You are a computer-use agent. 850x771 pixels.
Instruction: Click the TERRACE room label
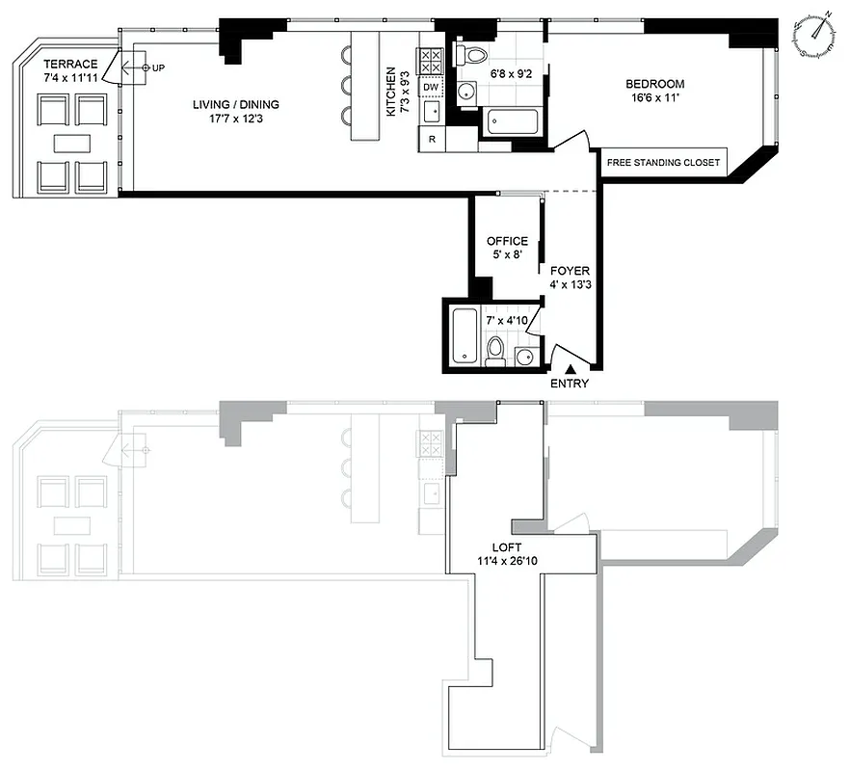70,65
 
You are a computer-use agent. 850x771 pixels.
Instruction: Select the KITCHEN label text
391,92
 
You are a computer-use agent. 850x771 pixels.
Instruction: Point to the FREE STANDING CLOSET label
662,163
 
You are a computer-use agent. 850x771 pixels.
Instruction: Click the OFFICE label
507,241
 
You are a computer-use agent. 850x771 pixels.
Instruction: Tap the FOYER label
569,272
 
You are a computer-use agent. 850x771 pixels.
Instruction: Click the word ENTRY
569,384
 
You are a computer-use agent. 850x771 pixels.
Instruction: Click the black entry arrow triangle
570,367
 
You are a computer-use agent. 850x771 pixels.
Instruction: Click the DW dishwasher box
431,88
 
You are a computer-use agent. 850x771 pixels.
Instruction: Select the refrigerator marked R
431,140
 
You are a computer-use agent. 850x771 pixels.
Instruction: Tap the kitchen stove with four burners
431,63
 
